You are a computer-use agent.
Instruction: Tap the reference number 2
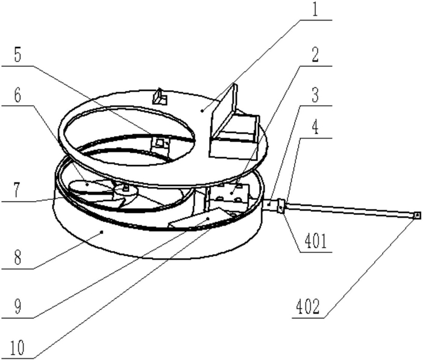point(314,54)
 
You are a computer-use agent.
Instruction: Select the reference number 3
point(315,95)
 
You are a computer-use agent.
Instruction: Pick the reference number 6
point(18,95)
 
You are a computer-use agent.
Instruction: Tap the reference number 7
point(17,190)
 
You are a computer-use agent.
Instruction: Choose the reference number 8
point(17,257)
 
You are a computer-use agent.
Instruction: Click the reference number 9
point(18,306)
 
